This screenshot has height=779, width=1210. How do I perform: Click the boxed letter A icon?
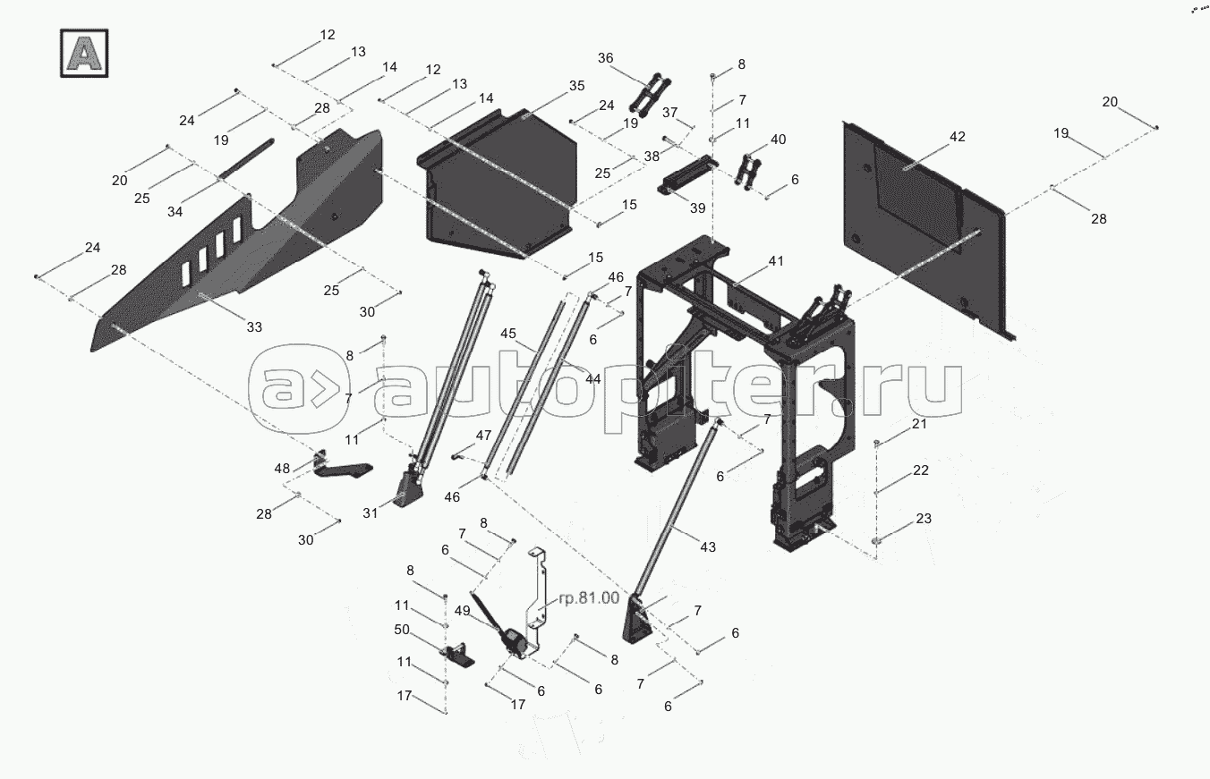[84, 53]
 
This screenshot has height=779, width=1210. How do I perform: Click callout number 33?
[254, 328]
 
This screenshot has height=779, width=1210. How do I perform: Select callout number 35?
[576, 86]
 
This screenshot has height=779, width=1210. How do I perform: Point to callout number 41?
[777, 261]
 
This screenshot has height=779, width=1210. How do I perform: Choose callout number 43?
[708, 546]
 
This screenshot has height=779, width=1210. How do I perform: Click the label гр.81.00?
[589, 598]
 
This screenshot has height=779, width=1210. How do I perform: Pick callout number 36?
[606, 58]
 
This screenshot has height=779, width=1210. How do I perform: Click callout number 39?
[697, 207]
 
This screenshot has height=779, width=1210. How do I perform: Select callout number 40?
[778, 140]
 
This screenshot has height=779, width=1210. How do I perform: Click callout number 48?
[283, 468]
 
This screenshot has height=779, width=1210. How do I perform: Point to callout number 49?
[462, 611]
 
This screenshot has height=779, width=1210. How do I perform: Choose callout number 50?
[402, 630]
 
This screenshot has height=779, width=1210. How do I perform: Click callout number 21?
[920, 424]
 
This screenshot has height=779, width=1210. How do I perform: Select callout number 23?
[924, 518]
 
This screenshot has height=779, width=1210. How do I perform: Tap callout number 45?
[508, 334]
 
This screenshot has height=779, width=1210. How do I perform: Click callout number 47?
[483, 436]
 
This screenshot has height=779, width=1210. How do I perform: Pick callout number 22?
[921, 470]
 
